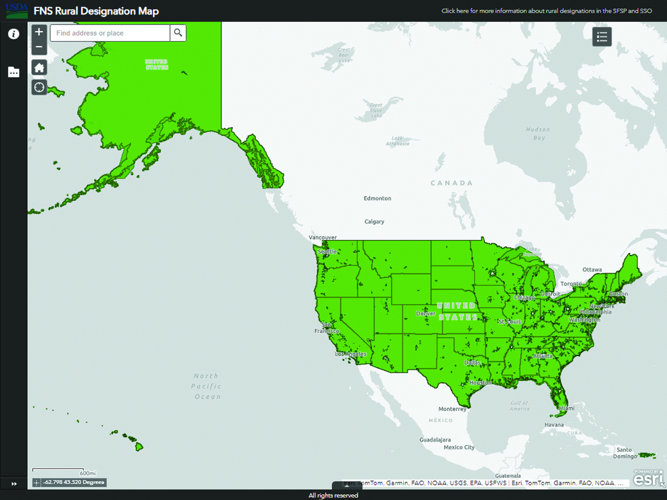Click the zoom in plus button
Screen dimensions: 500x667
click(x=39, y=32)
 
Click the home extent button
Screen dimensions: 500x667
click(x=39, y=68)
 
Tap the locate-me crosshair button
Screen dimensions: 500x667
click(x=39, y=87)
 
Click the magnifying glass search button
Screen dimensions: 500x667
click(x=178, y=33)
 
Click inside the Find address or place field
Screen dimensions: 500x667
click(x=109, y=33)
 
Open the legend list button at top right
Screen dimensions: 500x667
click(x=601, y=37)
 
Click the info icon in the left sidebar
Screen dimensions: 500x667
click(x=13, y=34)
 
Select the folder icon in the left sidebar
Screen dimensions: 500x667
click(x=13, y=72)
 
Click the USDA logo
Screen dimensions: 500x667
click(x=17, y=11)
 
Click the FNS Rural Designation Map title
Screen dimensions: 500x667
click(x=96, y=11)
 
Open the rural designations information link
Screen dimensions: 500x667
click(x=546, y=11)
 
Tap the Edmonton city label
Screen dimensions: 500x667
click(x=377, y=198)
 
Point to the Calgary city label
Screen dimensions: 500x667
click(x=374, y=222)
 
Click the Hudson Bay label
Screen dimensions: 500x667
click(x=537, y=134)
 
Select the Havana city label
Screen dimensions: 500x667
click(x=554, y=425)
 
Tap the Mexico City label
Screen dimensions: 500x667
click(x=459, y=447)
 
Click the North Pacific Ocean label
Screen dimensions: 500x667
click(x=207, y=386)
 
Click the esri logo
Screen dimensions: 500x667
click(x=649, y=478)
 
